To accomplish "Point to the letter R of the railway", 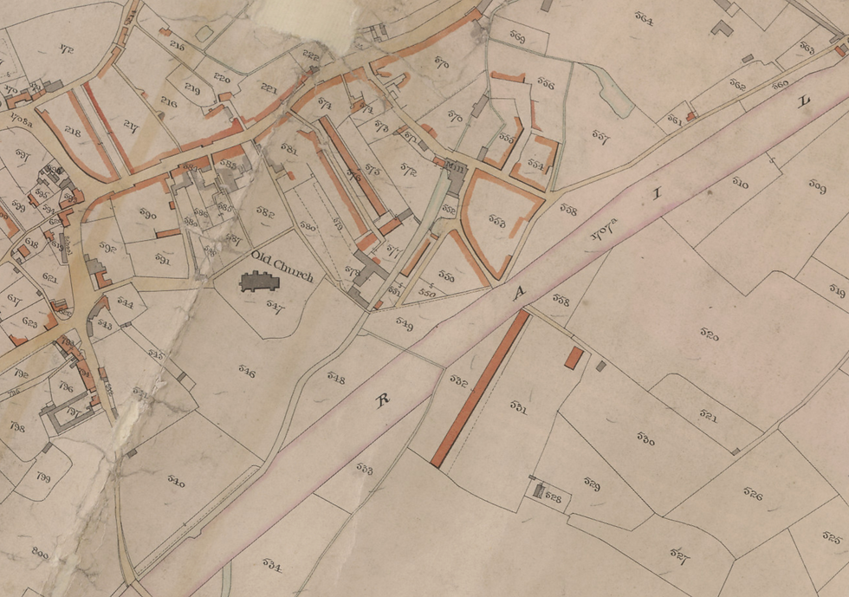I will coord(381,399).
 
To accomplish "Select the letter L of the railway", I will coord(803,101).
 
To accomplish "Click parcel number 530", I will coord(645,439).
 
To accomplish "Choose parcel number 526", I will coord(752,495).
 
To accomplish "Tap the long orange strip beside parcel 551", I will coord(480,389).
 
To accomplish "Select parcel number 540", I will coord(176,482).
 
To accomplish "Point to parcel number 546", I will coord(246,373).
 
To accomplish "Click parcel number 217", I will coord(132,125).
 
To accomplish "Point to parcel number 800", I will coord(40,552).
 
